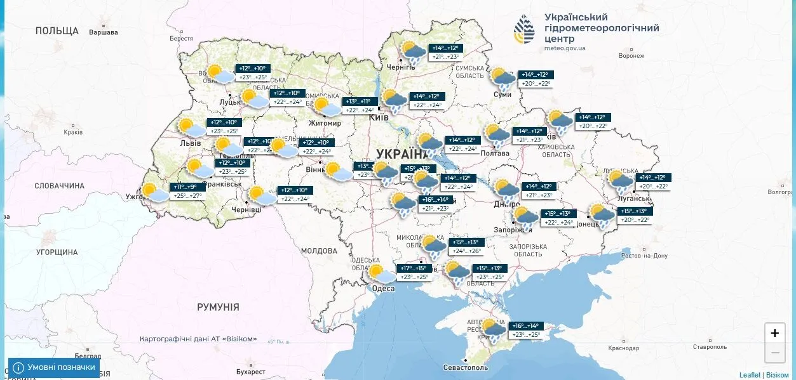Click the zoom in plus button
pos(774,333)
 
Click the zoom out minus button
pos(774,352)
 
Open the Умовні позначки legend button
pos(54,367)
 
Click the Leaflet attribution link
pos(750,375)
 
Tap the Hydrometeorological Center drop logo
pos(524,30)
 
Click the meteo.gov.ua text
pos(565,48)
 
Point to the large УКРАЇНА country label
pos(402,154)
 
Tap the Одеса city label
pos(382,289)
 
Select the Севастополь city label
pos(466,367)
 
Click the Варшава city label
pos(103,32)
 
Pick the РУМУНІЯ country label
pos(218,307)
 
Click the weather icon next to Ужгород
pos(154,192)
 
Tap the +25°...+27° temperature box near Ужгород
pos(189,196)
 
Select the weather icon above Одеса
pos(382,274)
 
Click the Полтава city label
pos(496,153)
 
